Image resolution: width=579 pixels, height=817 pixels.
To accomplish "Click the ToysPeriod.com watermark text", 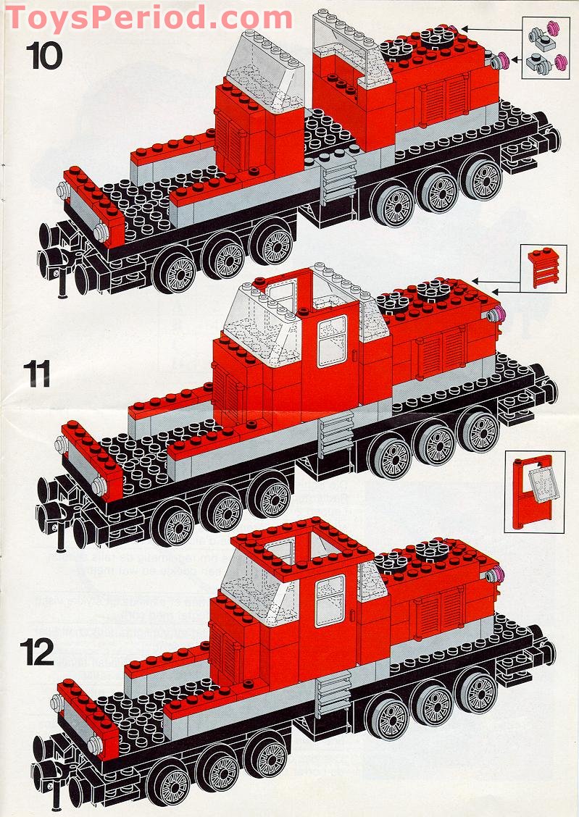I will [x=149, y=16].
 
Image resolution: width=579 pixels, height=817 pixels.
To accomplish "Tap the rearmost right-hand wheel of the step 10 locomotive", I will [x=481, y=177].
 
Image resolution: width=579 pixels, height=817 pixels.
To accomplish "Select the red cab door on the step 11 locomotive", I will [x=333, y=345].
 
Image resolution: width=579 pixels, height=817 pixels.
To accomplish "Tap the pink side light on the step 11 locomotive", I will [x=496, y=314].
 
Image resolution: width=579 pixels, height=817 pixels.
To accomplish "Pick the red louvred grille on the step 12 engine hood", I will [x=436, y=608].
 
